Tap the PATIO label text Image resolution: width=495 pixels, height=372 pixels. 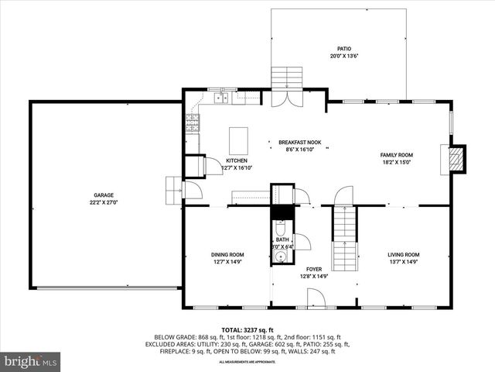343,48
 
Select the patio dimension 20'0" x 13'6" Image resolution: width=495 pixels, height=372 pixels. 343,56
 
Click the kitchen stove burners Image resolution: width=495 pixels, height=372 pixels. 192,122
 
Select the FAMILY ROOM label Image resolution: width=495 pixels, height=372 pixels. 396,155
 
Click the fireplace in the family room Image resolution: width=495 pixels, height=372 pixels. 457,157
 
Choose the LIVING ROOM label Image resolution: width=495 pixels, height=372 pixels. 403,254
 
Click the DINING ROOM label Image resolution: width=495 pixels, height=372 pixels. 227,254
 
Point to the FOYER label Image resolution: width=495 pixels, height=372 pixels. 313,269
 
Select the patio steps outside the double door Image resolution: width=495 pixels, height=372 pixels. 287,78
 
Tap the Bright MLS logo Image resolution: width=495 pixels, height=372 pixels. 31,361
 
